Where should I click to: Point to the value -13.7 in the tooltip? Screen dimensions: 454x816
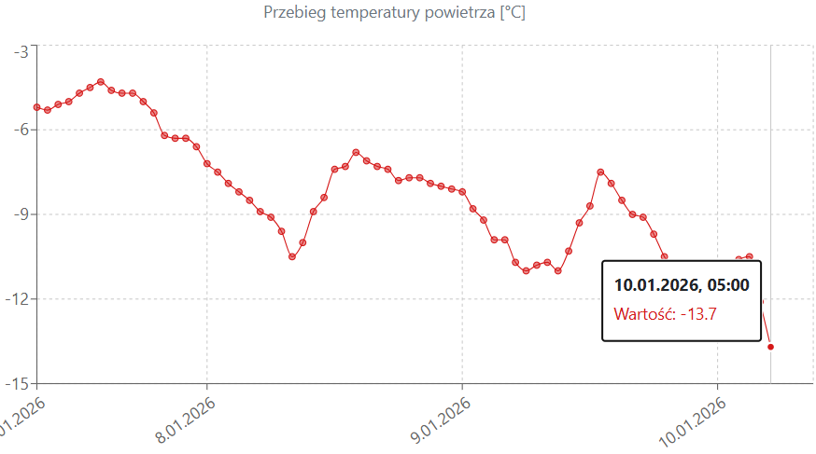(698, 314)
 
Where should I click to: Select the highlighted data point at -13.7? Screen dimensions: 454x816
(770, 347)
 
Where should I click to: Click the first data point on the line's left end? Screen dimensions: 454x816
(36, 107)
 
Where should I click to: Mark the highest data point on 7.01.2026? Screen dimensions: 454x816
(101, 82)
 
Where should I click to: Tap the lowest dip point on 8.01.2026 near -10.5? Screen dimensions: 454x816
(292, 256)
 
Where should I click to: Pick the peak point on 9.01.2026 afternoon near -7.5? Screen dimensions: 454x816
(600, 172)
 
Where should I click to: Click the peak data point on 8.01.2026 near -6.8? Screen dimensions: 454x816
(356, 152)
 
